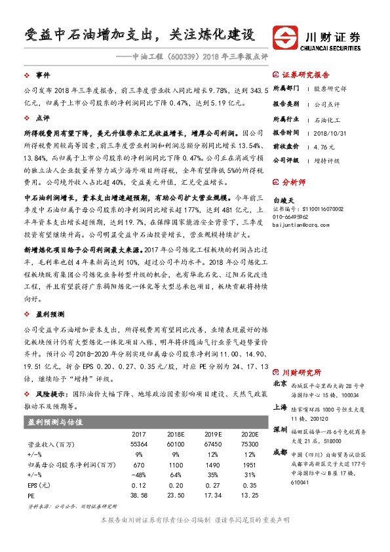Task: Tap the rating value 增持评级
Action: point(324,159)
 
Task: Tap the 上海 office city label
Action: point(279,406)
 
